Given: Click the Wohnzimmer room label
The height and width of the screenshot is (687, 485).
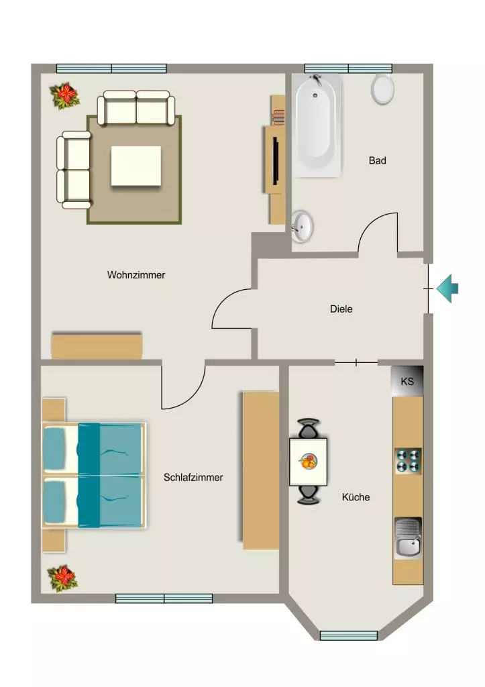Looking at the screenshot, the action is [x=136, y=275].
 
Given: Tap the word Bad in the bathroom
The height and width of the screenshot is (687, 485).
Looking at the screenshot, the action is [x=377, y=161].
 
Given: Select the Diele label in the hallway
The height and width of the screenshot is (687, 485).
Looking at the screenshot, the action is [x=341, y=309].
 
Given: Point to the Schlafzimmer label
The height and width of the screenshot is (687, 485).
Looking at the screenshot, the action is [x=193, y=478].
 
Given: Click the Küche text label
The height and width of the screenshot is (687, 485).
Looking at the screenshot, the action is [x=356, y=497].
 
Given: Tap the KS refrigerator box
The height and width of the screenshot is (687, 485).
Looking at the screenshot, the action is [x=407, y=381].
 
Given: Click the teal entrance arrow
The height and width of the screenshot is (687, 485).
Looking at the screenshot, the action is [x=447, y=288].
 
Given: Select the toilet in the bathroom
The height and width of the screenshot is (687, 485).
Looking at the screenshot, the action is [x=382, y=89].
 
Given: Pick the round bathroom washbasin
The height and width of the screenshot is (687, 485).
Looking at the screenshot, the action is [x=302, y=226].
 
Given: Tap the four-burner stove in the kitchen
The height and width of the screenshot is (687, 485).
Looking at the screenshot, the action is [x=409, y=461].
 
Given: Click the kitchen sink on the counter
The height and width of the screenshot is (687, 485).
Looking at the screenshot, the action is [x=408, y=538].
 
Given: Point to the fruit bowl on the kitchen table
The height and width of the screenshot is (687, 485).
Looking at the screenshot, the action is [x=309, y=462].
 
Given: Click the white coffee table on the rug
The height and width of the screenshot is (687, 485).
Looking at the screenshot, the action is [x=136, y=166].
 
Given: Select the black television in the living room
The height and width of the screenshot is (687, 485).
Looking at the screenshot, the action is [x=276, y=160].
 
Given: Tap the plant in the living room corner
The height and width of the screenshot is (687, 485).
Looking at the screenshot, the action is [x=65, y=95].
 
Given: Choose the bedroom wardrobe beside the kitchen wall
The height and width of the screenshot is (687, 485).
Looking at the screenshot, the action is [x=261, y=470].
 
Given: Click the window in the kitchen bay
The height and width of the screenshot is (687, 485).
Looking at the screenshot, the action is [x=348, y=635].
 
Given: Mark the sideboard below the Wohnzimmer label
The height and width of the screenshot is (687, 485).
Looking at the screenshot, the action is [x=97, y=347].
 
